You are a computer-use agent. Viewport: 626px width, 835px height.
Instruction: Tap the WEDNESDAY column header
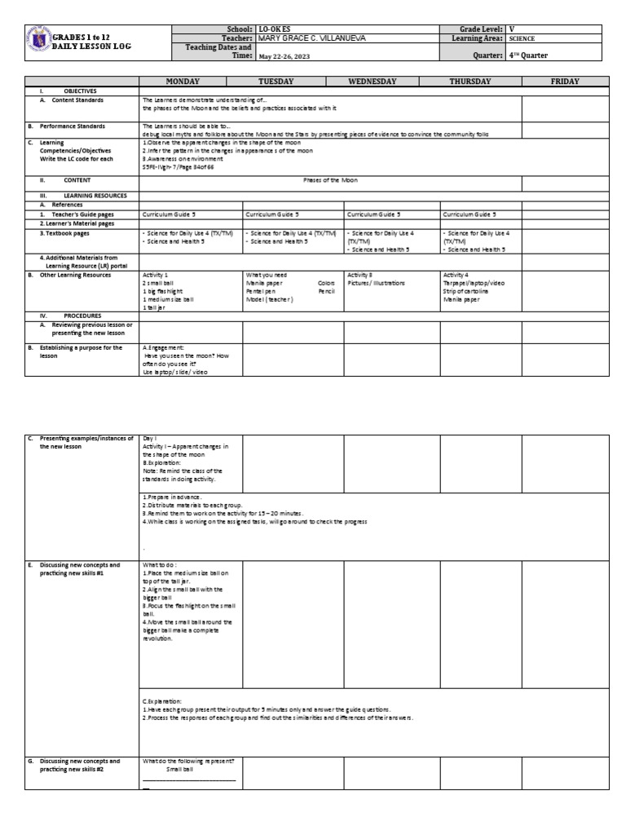click(372, 82)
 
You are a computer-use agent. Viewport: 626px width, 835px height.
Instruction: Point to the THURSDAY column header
click(470, 82)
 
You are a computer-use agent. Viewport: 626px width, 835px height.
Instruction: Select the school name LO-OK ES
click(275, 29)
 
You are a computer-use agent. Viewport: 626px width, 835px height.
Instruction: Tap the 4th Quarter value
click(531, 56)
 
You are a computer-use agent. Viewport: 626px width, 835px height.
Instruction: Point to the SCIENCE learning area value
click(522, 38)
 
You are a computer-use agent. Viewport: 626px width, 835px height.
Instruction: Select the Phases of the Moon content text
click(330, 179)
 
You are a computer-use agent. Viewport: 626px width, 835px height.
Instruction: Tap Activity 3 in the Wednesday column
click(359, 276)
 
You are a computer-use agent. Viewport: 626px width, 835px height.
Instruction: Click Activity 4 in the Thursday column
click(456, 276)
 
